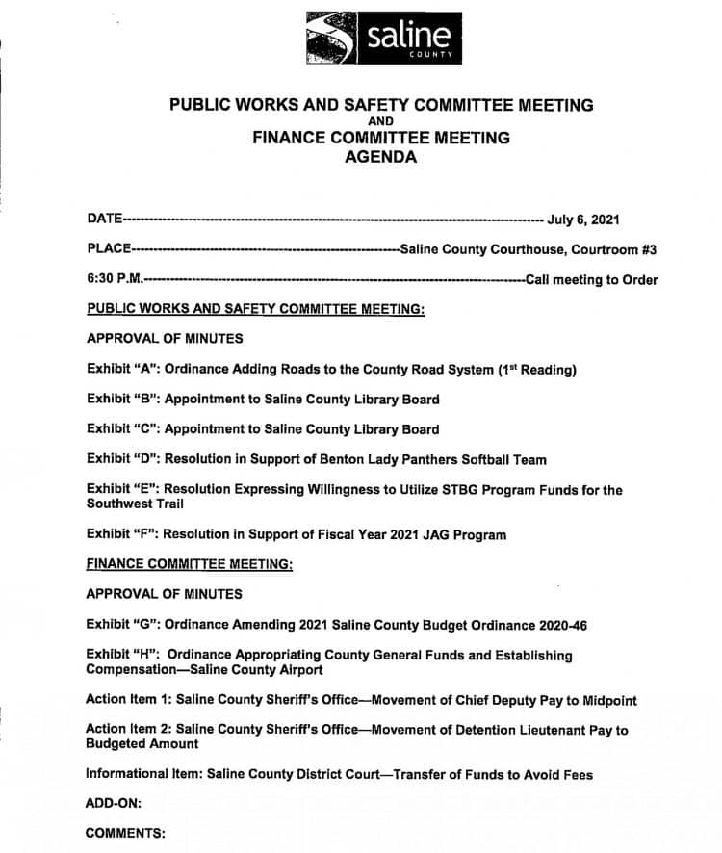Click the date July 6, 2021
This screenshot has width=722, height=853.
pos(583,219)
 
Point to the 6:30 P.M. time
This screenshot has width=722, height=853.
pos(114,280)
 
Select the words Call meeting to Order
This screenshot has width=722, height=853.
pos(591,280)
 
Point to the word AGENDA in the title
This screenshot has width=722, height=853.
pos(381,158)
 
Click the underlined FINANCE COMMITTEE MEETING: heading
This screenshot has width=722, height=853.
pos(190,564)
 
